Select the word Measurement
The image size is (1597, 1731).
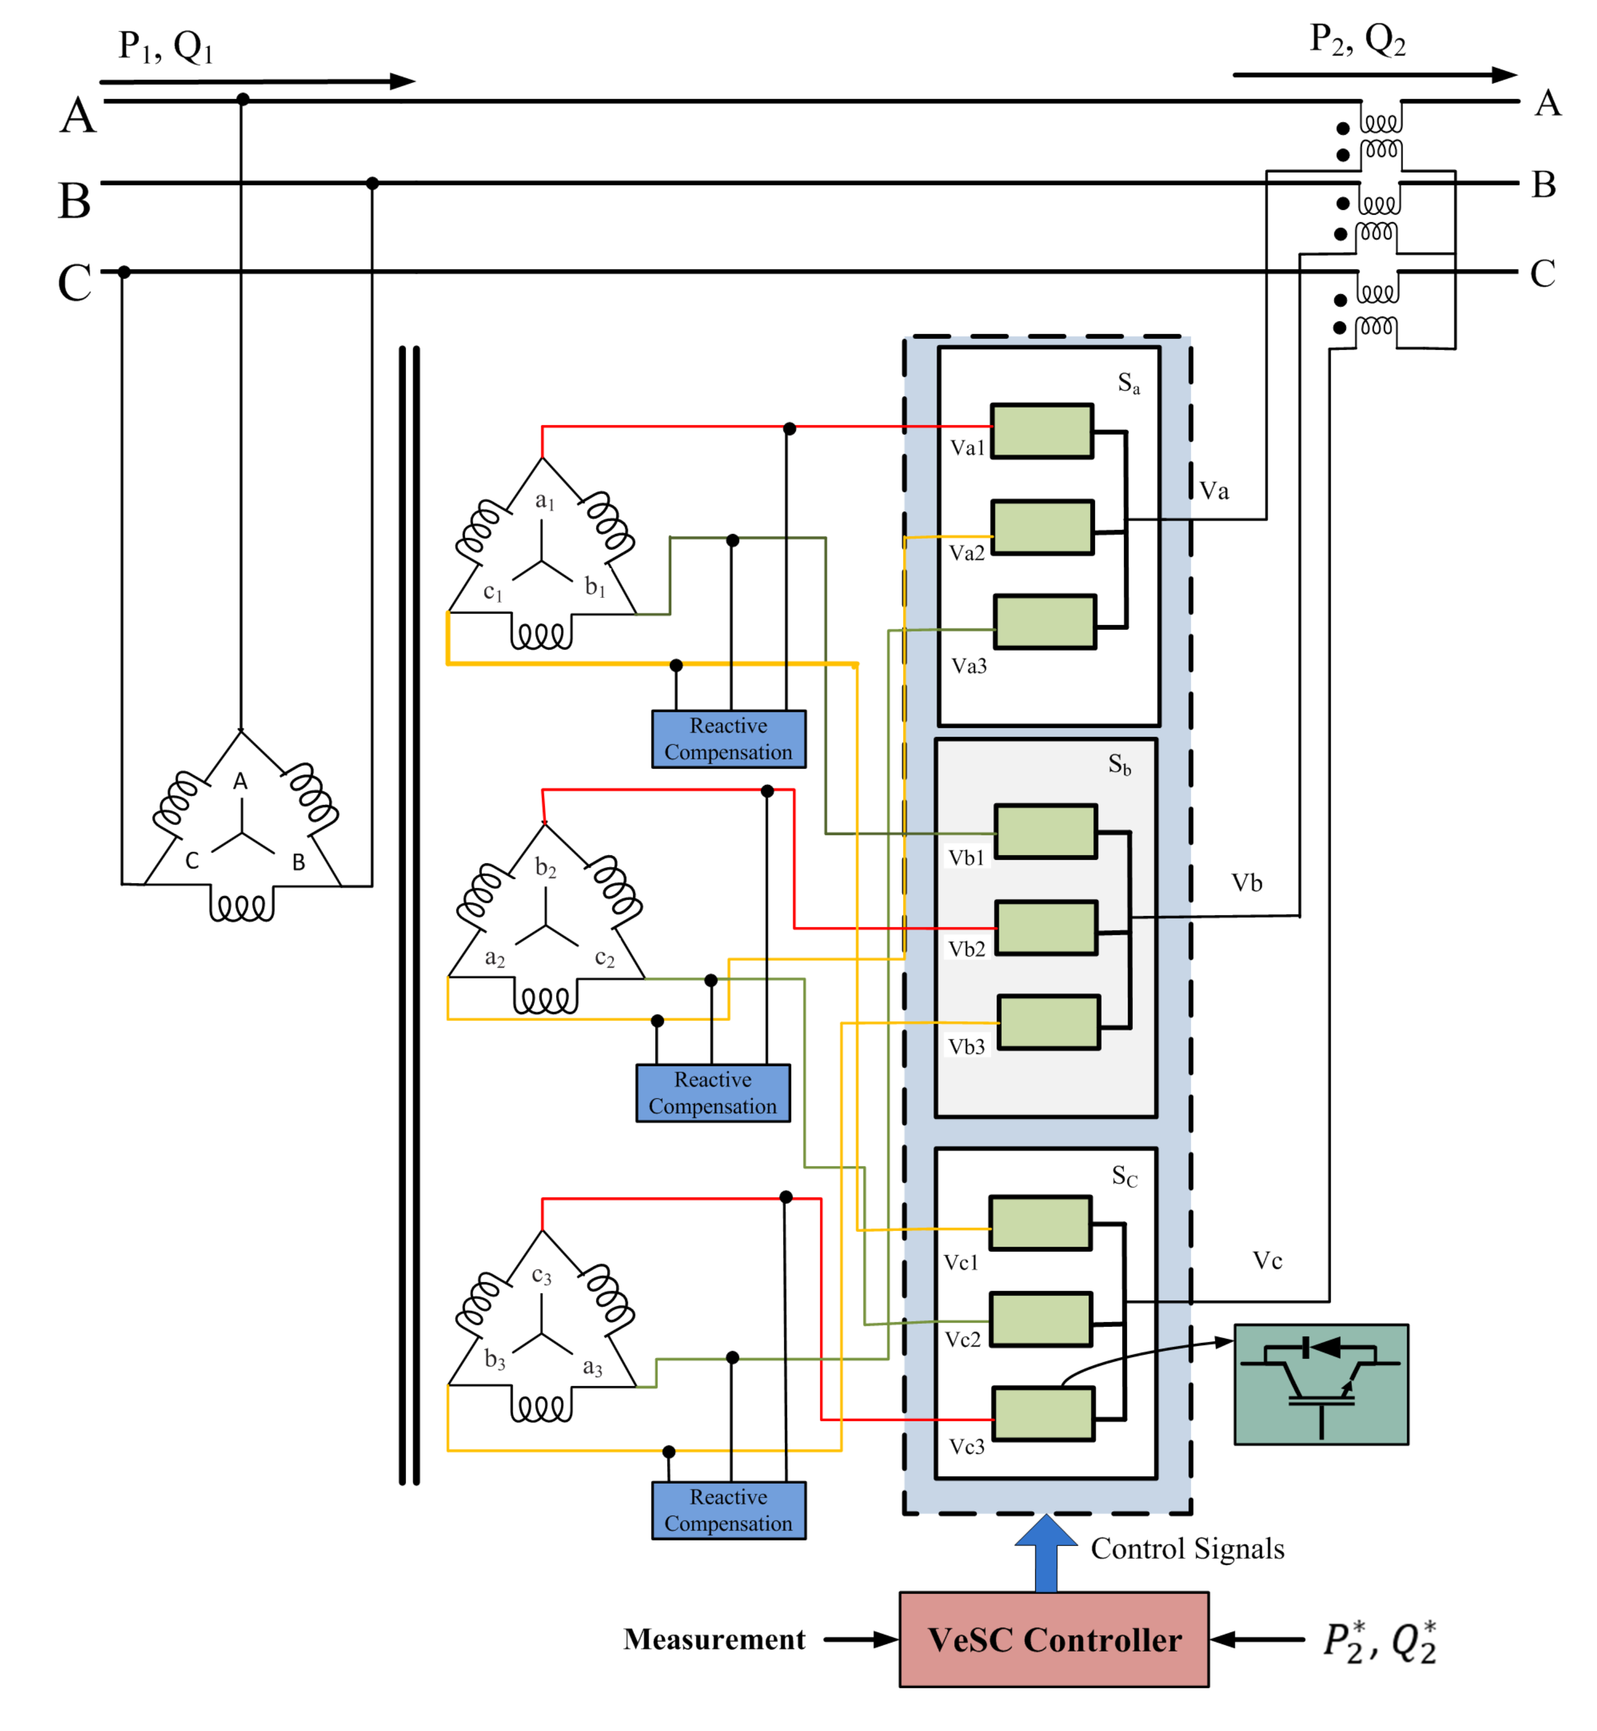tap(714, 1639)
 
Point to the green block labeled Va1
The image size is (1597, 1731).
tap(1042, 431)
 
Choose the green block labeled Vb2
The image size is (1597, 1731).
tap(1046, 927)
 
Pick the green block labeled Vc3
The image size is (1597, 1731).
tap(1043, 1414)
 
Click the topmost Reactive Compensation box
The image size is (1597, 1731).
tap(729, 739)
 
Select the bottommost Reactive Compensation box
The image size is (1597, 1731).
tap(729, 1510)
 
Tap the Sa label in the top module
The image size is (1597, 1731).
tap(1128, 383)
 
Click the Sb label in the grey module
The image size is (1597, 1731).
tap(1119, 764)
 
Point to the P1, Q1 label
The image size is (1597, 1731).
tap(165, 47)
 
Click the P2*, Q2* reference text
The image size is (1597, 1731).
tap(1379, 1641)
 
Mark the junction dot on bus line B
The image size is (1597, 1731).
tap(373, 183)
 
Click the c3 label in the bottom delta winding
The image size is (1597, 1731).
tap(541, 1275)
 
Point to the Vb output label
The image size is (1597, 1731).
tap(1246, 883)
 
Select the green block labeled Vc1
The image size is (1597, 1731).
tap(1039, 1223)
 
